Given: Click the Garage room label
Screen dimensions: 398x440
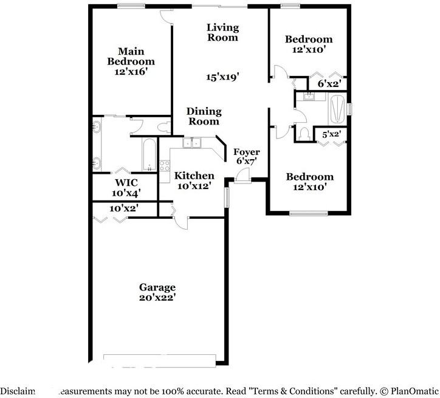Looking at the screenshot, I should click(157, 287).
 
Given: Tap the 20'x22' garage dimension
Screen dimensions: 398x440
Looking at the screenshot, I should click(157, 298).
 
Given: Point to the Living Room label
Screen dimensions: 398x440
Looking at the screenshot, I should click(222, 32).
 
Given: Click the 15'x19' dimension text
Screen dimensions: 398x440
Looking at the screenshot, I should click(222, 77).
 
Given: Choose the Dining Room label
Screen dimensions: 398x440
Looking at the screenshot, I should click(204, 116).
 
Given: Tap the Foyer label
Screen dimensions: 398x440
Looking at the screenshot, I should click(247, 152).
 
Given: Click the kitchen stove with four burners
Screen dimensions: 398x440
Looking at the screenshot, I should click(165, 166).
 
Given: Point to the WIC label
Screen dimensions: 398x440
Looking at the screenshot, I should click(126, 183).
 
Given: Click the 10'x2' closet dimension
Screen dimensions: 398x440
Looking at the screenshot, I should click(123, 208).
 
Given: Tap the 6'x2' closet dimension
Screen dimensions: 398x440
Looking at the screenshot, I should click(329, 83).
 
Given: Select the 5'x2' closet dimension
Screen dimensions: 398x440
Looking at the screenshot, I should click(332, 134).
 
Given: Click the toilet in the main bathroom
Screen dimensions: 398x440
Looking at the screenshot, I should click(162, 127).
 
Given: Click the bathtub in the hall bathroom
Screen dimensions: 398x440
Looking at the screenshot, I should click(337, 109).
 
